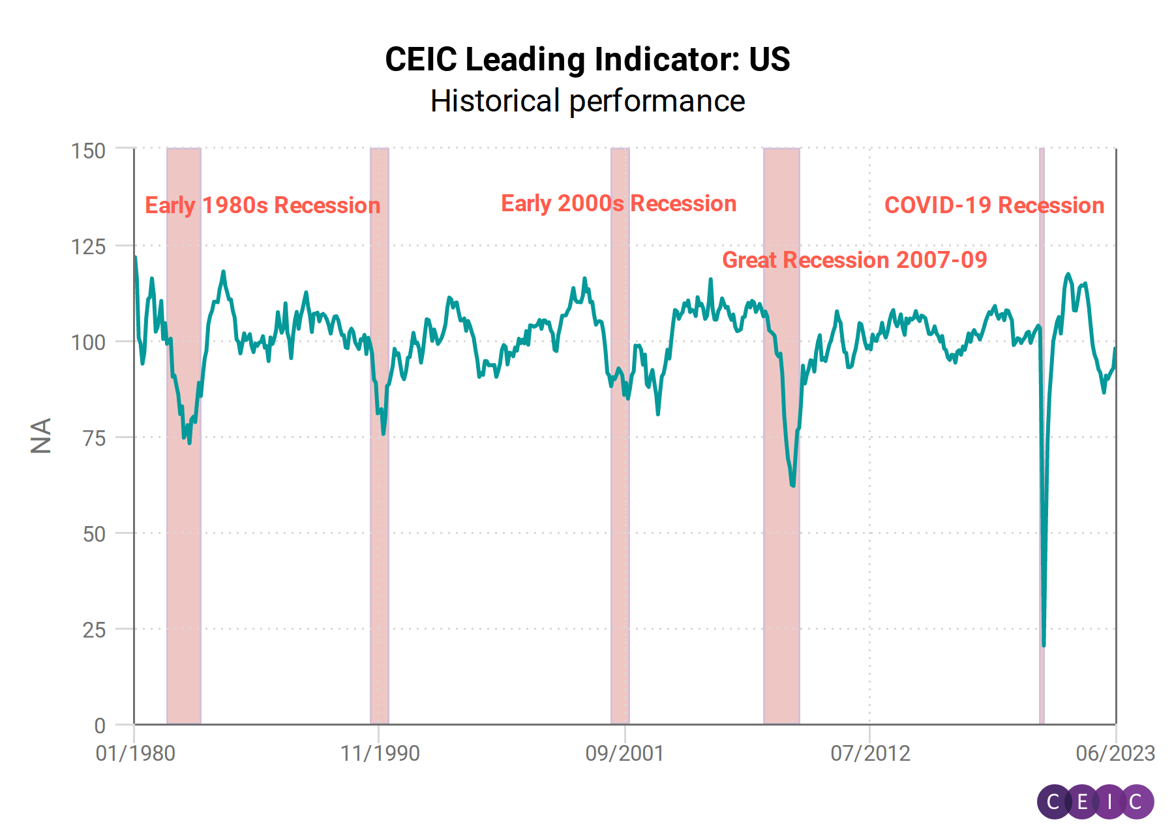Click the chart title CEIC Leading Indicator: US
587,59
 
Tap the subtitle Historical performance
587,101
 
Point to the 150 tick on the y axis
88,151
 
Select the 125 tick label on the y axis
88,246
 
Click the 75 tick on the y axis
94,438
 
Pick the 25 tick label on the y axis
94,630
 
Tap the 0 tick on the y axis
100,725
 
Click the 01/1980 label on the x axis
135,754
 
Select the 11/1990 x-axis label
380,754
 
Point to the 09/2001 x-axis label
624,754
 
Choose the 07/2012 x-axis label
870,754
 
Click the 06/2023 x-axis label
1115,754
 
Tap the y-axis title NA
41,435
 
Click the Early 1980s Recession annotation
262,205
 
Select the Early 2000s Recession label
618,203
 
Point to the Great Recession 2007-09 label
854,260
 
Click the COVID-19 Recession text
994,205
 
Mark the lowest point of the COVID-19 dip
1044,645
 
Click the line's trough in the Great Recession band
792,485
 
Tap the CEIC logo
1095,801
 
